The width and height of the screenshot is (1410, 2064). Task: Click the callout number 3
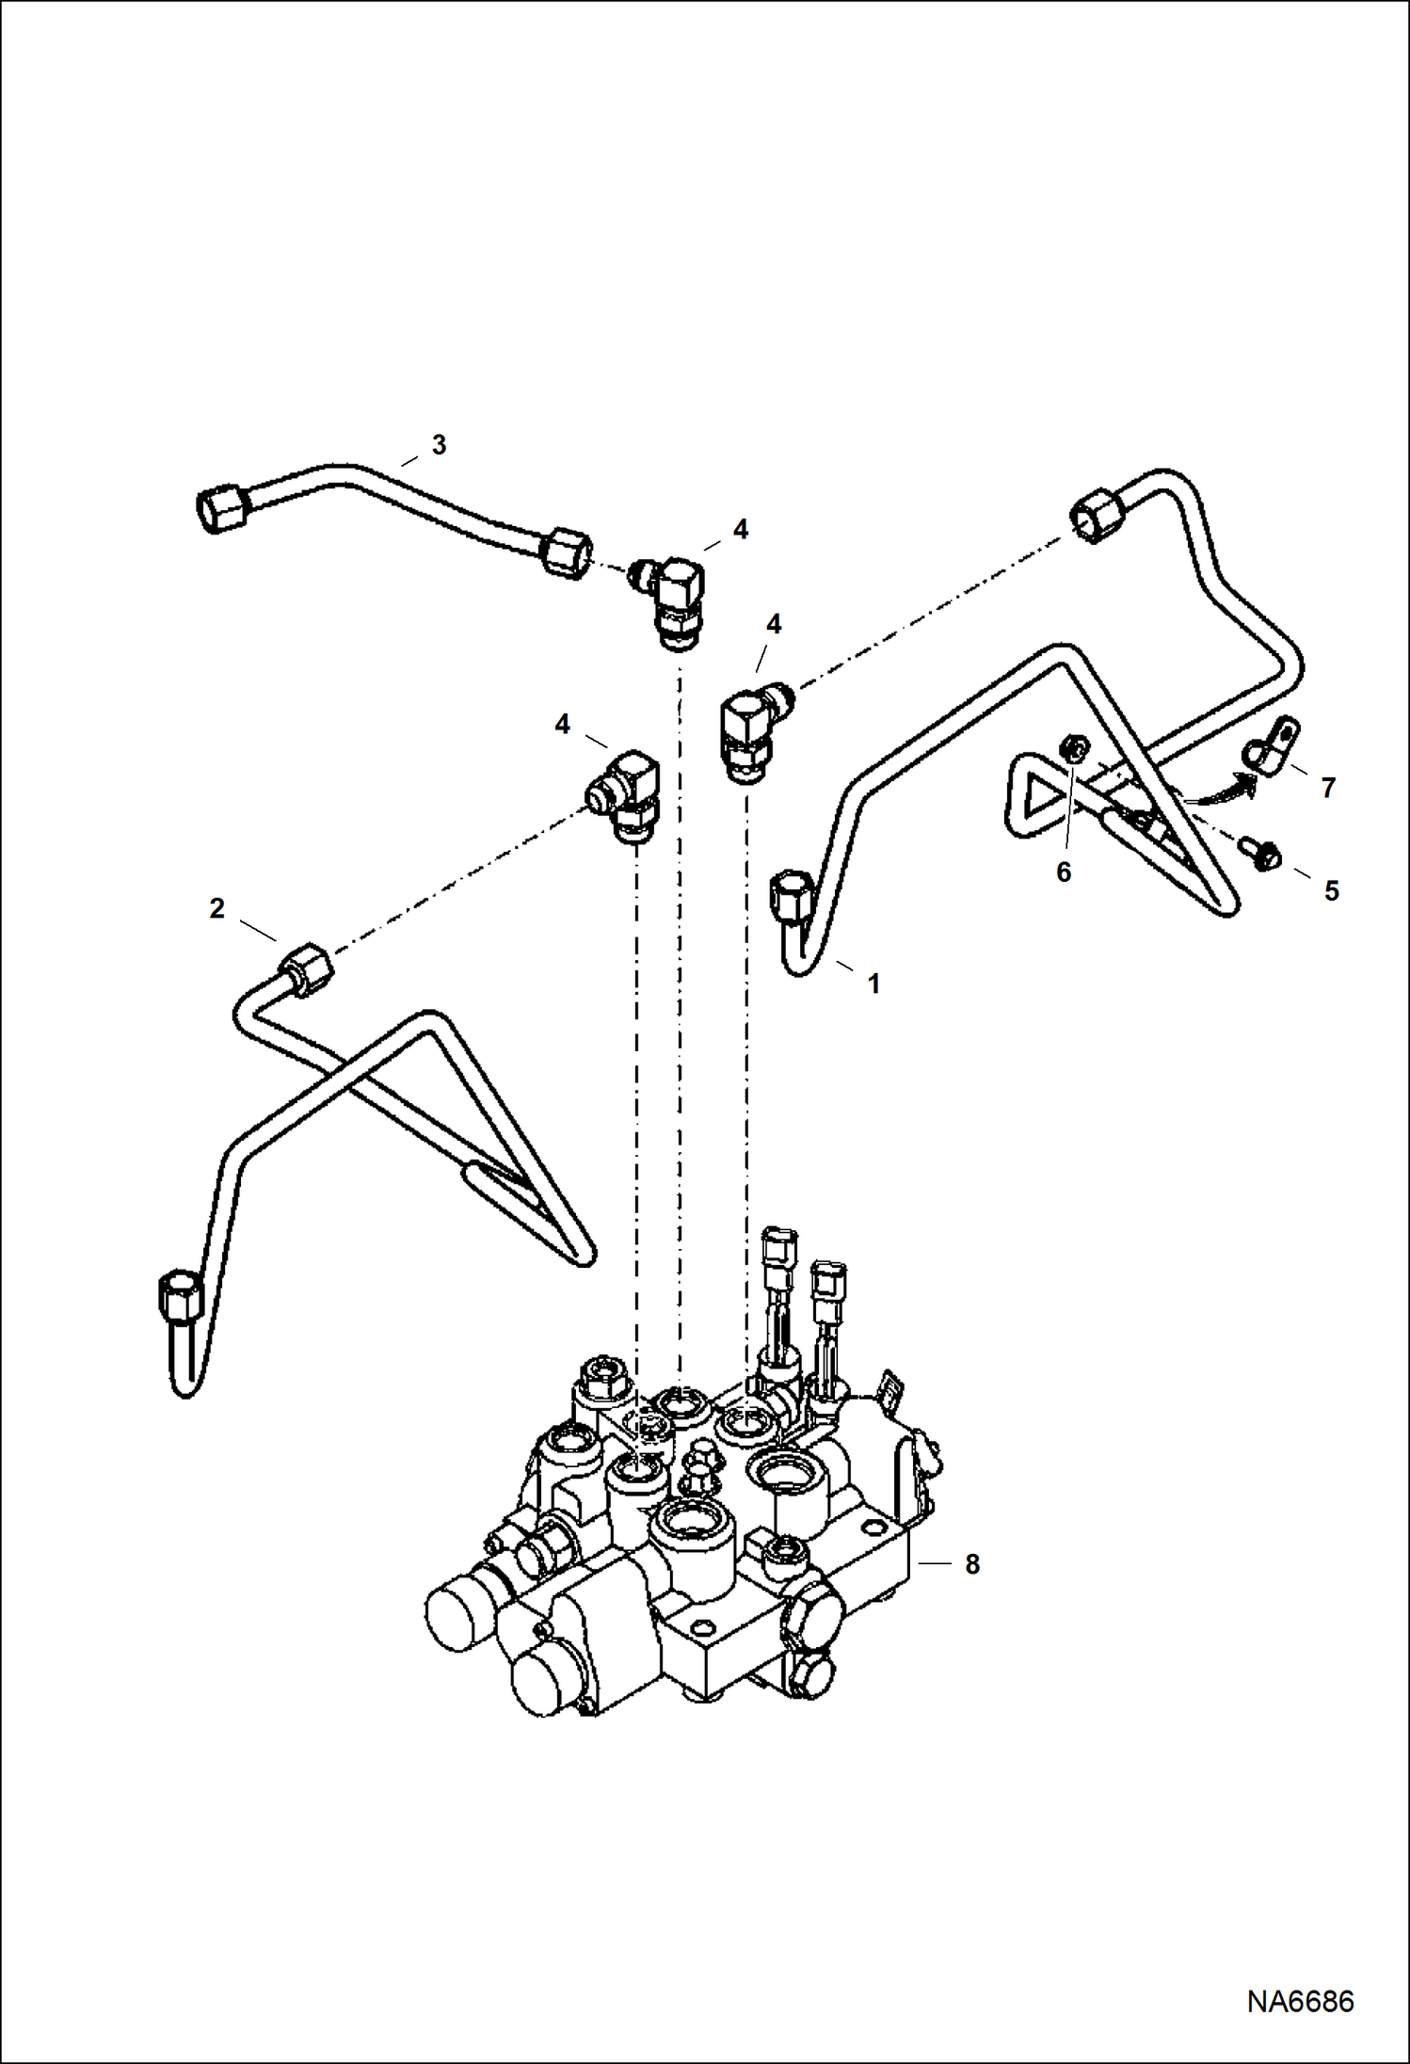pyautogui.click(x=439, y=445)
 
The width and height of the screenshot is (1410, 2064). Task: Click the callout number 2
pyautogui.click(x=217, y=908)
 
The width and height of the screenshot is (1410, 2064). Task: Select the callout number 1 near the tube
pyautogui.click(x=873, y=984)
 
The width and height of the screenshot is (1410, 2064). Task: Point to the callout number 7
pyautogui.click(x=1328, y=788)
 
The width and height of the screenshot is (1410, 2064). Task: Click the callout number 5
pyautogui.click(x=1331, y=890)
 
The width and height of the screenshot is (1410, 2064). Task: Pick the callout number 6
pyautogui.click(x=1064, y=872)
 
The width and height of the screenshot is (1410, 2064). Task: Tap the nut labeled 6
pyautogui.click(x=1074, y=749)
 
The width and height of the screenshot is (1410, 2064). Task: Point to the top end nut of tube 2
pyautogui.click(x=307, y=968)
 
